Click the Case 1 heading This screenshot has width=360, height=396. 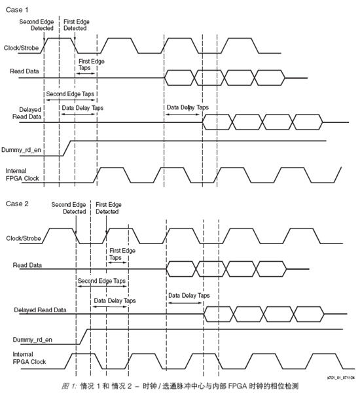click(x=17, y=10)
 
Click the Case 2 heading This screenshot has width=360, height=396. click(x=17, y=204)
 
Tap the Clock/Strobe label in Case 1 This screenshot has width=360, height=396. click(x=21, y=48)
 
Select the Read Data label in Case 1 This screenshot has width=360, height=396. click(x=24, y=71)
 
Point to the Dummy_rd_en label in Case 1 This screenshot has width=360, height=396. click(x=21, y=150)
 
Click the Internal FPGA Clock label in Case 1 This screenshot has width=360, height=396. click(x=22, y=175)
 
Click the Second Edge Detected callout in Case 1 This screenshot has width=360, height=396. click(x=37, y=25)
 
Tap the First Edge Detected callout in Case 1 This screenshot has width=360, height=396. click(x=77, y=25)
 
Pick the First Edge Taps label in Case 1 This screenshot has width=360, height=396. click(x=91, y=65)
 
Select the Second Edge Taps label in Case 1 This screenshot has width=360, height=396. click(x=70, y=94)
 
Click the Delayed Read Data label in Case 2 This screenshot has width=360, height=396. click(x=40, y=310)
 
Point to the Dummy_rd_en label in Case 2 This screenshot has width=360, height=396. click(x=33, y=340)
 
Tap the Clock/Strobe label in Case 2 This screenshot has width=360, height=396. click(x=24, y=238)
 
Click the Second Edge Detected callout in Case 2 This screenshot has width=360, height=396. click(x=69, y=208)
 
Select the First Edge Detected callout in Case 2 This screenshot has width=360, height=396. click(x=109, y=208)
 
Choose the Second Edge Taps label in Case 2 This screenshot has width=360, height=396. click(x=101, y=281)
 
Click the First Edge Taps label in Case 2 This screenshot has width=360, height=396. click(x=122, y=254)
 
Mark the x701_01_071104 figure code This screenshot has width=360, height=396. click(x=341, y=378)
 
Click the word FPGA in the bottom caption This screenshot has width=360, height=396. click(x=237, y=386)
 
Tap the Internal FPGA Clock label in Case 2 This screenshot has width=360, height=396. click(x=29, y=358)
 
